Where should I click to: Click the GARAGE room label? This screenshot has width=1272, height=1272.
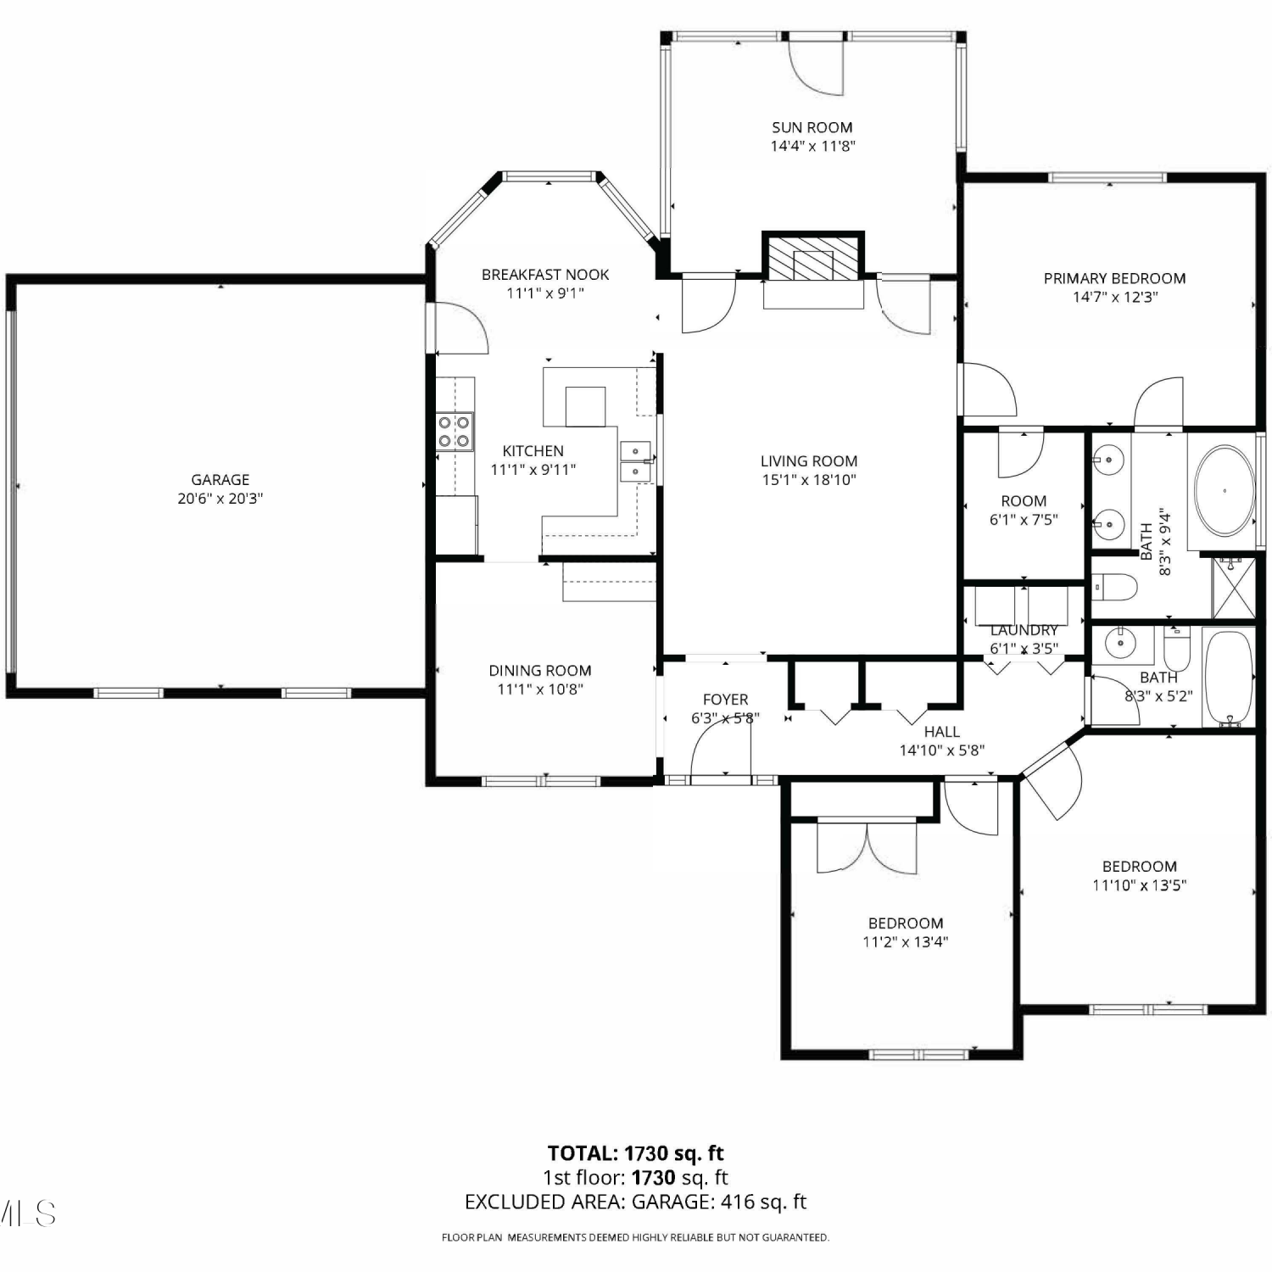click(x=220, y=480)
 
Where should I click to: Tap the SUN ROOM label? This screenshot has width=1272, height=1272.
click(x=812, y=127)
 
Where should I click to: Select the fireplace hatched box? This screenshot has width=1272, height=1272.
click(x=812, y=256)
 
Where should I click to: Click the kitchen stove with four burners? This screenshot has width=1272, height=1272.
click(x=455, y=432)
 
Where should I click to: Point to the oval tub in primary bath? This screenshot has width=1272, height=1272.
click(x=1224, y=491)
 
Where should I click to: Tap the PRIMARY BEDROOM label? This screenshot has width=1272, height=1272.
click(x=1114, y=278)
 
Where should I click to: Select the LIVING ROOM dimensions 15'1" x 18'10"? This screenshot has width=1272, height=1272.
click(x=809, y=480)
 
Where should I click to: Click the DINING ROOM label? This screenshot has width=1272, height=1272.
click(x=540, y=671)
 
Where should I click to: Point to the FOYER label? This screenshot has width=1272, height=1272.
click(x=726, y=700)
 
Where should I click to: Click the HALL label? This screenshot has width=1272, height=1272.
click(x=942, y=732)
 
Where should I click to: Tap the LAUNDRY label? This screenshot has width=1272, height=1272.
click(x=1024, y=630)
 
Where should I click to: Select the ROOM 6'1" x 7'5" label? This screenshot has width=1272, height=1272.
click(x=1024, y=510)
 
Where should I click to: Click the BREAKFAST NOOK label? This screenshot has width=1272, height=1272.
click(x=545, y=275)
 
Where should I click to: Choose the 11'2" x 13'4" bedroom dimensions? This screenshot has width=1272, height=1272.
click(x=906, y=942)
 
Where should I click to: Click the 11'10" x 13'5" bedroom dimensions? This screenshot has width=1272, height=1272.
click(x=1140, y=885)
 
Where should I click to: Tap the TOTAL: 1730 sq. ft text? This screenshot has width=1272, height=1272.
click(x=636, y=1153)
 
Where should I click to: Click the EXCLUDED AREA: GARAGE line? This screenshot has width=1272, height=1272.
click(x=636, y=1202)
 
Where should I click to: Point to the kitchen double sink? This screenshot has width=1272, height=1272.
click(x=635, y=461)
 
